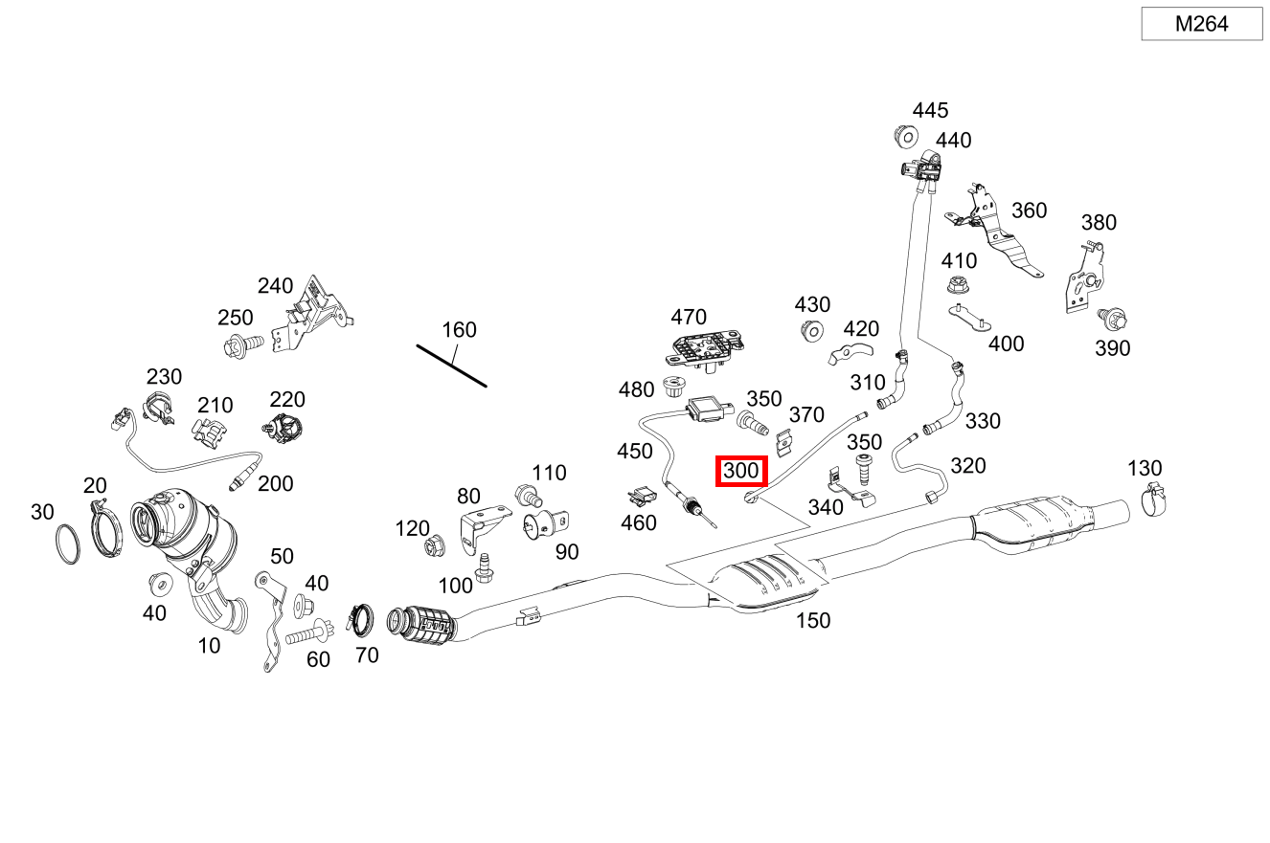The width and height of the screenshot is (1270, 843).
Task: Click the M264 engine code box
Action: point(1202,24)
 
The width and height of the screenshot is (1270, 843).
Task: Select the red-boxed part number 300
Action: point(741,471)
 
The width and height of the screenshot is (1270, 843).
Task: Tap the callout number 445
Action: point(930,110)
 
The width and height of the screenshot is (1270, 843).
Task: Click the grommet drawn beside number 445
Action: point(906,137)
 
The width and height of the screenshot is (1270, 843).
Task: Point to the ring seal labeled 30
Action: point(68,544)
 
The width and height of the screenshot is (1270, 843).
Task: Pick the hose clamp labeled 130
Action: point(1154,499)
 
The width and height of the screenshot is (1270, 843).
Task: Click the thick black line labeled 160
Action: point(452,366)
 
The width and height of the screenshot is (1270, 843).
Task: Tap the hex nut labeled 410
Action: point(958,284)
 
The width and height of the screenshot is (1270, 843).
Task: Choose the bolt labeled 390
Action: point(1112,319)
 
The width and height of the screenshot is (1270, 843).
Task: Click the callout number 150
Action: point(813,620)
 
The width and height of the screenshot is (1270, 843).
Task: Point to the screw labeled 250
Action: point(243,345)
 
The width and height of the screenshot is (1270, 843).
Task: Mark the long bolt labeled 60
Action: point(310,634)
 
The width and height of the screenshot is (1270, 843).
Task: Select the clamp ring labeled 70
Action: point(360,620)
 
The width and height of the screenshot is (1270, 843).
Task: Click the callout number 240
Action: point(275,285)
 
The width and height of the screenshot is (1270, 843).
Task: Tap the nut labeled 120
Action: point(435,545)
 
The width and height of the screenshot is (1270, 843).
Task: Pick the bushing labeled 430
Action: point(812,331)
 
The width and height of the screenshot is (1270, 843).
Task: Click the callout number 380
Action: point(1099,223)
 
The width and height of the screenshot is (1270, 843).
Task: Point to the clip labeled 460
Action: point(642,497)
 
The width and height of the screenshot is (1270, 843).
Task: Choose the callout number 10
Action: point(209,646)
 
